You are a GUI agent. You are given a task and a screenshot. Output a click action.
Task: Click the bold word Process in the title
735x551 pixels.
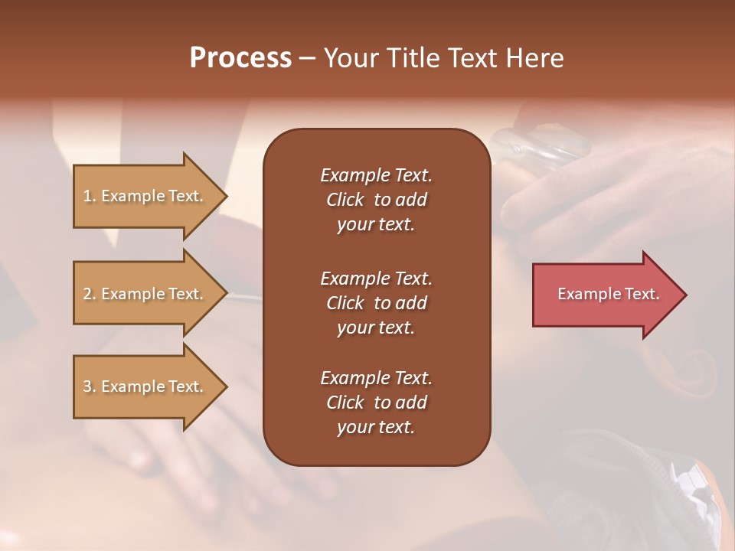pyautogui.click(x=240, y=58)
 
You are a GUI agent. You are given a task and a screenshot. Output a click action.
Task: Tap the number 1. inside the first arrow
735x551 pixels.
pyautogui.click(x=90, y=196)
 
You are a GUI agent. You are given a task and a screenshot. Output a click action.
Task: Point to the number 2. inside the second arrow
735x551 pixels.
pyautogui.click(x=90, y=294)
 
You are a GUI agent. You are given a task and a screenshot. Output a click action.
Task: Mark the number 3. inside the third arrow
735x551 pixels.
pyautogui.click(x=90, y=386)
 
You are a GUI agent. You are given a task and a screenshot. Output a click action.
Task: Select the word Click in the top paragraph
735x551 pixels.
pyautogui.click(x=345, y=200)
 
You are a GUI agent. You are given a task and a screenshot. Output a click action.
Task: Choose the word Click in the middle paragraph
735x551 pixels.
pyautogui.click(x=345, y=303)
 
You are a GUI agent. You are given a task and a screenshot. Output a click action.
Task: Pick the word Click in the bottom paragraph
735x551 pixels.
pyautogui.click(x=345, y=403)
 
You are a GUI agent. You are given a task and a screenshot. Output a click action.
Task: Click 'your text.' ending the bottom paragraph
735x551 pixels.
pyautogui.click(x=376, y=428)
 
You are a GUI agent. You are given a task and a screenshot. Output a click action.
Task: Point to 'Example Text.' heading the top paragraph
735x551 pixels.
pyautogui.click(x=376, y=175)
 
